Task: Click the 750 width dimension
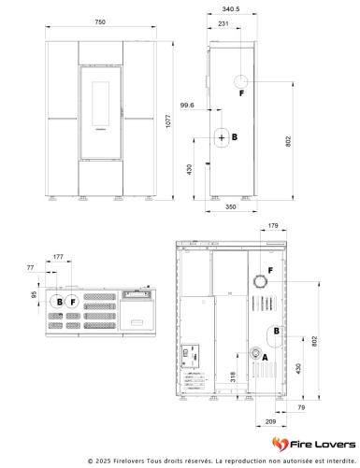[100, 22]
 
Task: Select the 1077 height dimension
[168, 121]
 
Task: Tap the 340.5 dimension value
[231, 9]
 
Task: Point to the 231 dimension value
[223, 23]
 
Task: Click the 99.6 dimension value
[187, 106]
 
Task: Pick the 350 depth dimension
[231, 206]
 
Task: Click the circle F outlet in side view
[240, 81]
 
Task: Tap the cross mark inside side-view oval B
[222, 137]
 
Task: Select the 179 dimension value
[273, 225]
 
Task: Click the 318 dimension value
[233, 376]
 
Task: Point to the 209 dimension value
[270, 421]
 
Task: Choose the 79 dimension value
[301, 407]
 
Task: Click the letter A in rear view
[265, 358]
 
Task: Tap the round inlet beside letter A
[255, 353]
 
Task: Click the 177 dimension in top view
[58, 257]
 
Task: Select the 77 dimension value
[30, 267]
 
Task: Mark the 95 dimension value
[34, 294]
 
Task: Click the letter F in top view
[73, 302]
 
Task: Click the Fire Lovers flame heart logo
[280, 444]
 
